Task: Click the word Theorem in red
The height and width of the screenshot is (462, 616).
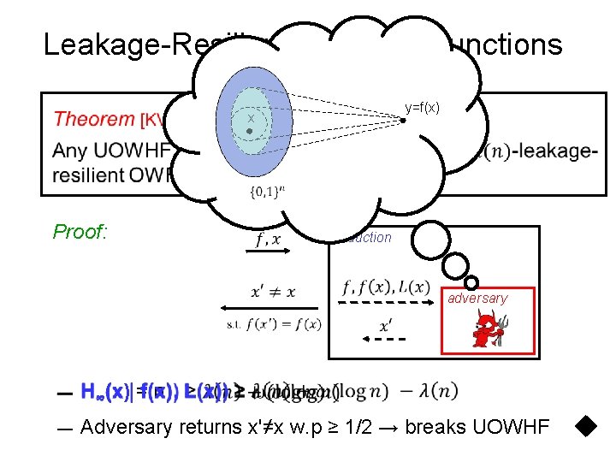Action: coord(94,119)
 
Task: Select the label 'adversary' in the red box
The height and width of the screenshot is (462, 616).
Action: coord(477,298)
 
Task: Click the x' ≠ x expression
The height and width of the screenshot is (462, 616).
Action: coord(273,291)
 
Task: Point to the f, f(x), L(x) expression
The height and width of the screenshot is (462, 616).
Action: coord(386,287)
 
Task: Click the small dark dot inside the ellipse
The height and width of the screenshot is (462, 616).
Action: coord(248,132)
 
